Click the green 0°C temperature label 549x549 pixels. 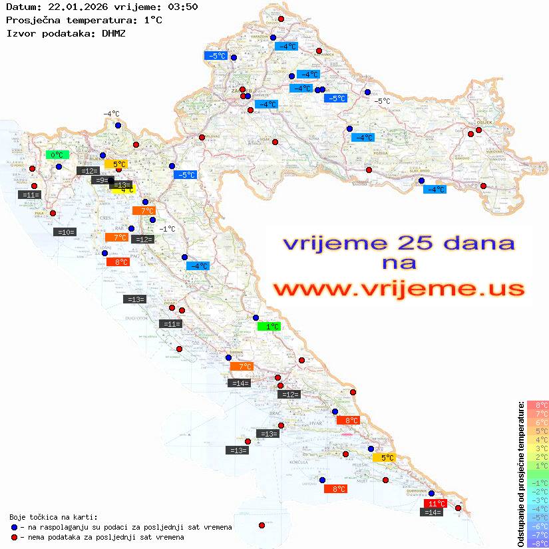pos(57,155)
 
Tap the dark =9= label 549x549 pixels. pos(100,180)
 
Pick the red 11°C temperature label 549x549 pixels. pos(435,504)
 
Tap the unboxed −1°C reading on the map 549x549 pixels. pos(167,229)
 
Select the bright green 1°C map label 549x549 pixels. pos(269,327)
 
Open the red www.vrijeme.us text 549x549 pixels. pos(399,289)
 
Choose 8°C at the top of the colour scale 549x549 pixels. pos(538,405)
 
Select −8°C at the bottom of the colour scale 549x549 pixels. pos(538,543)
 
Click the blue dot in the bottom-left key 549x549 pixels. pos(14,527)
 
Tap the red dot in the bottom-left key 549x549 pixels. pos(14,537)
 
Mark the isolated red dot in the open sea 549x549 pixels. pos(262,526)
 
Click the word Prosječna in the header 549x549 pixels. pos(33,20)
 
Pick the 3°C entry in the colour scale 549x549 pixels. pos(538,448)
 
